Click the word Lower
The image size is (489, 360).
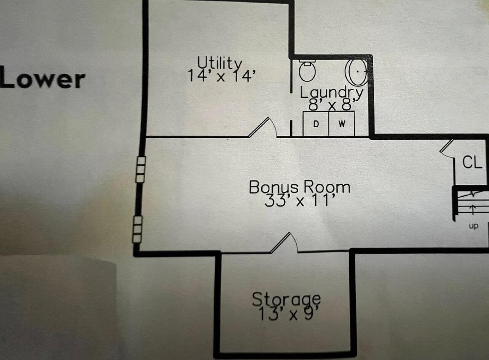pos(42,79)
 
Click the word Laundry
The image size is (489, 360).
pos(331,93)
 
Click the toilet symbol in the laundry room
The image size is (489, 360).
pos(307,71)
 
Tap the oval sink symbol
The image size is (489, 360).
pos(356,71)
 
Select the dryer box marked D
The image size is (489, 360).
pos(316,123)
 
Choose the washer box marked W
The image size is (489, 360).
pos(342,123)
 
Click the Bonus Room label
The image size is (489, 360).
pos(299,187)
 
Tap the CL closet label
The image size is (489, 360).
pos(472,163)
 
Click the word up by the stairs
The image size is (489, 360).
pos(473,226)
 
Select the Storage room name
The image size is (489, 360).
pos(286,299)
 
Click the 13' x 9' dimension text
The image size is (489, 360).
pos(288,314)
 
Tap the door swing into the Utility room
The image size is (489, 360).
pos(263,128)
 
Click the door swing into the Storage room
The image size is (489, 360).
pos(284,243)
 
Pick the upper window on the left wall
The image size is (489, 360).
pos(141,170)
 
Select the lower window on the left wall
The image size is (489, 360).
pos(137,229)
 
